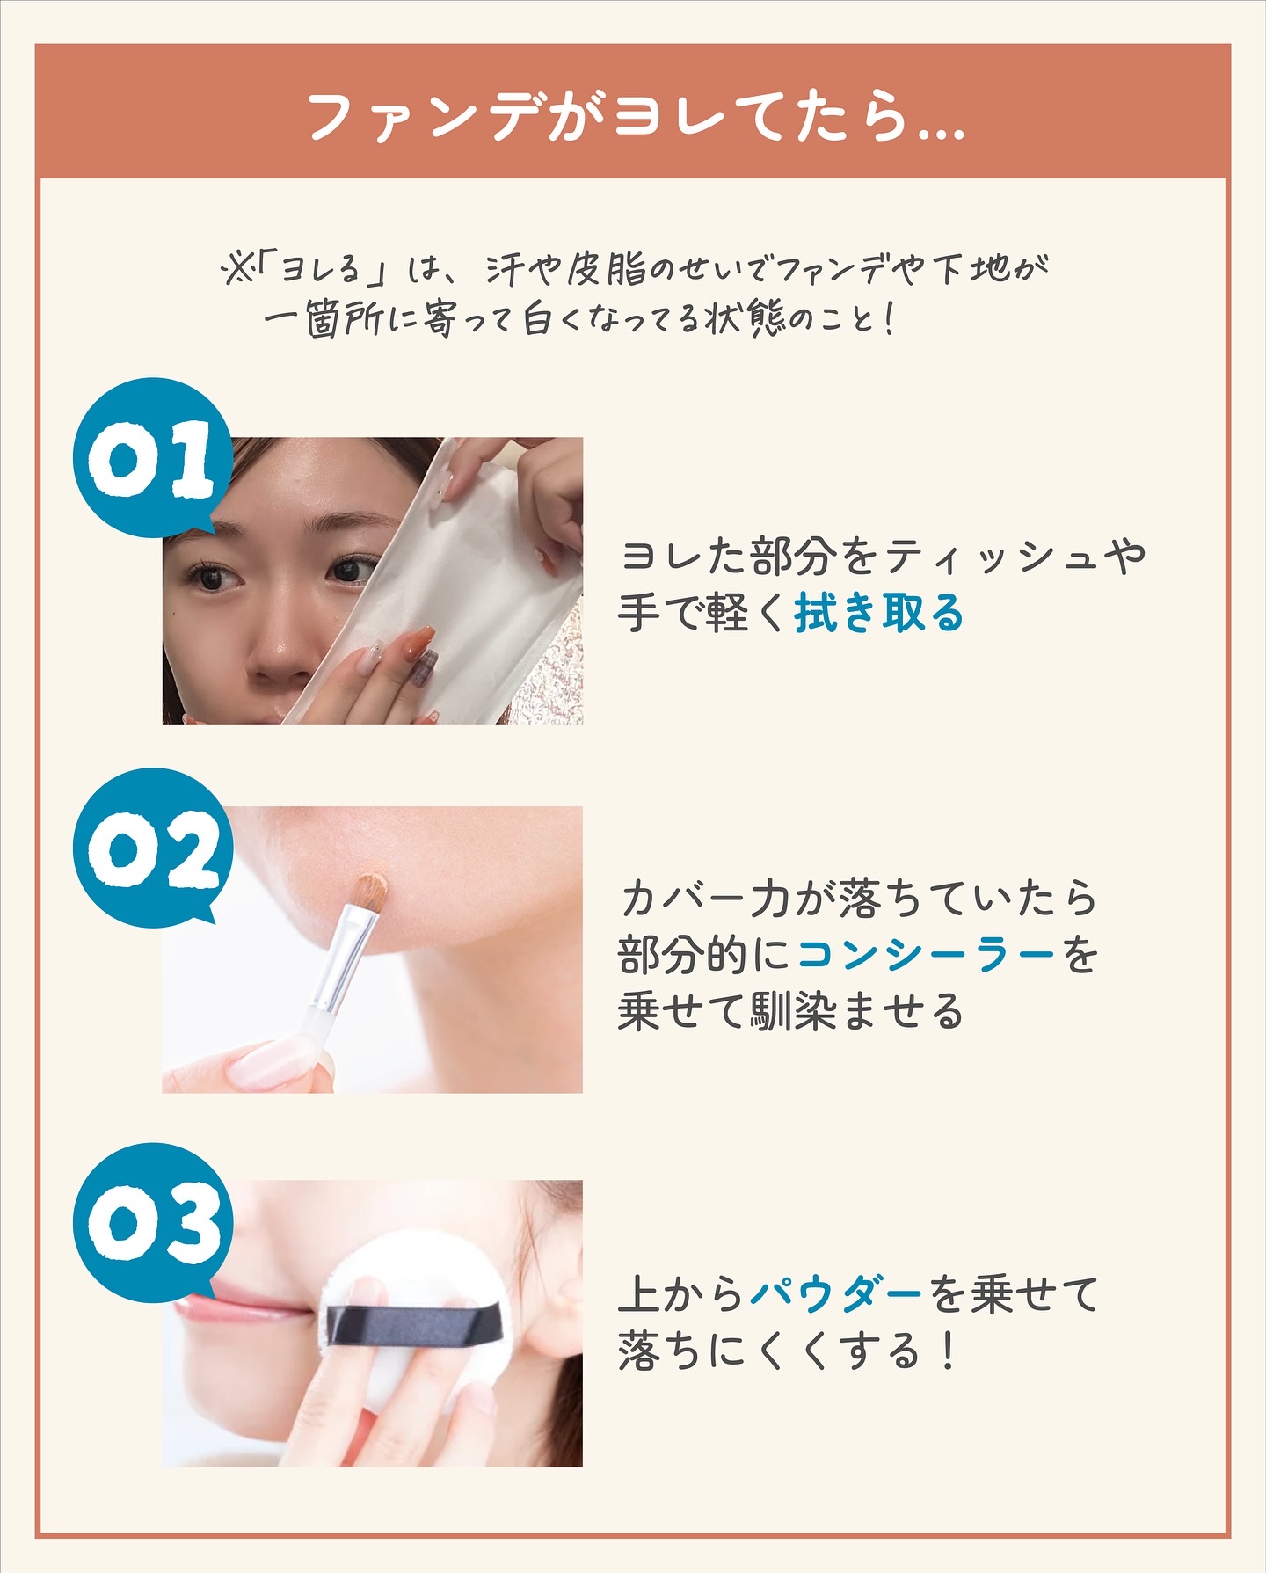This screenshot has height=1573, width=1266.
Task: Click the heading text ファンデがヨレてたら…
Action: (x=636, y=116)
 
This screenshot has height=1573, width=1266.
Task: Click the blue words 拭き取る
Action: (x=879, y=613)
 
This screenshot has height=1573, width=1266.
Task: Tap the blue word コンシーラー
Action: (x=927, y=954)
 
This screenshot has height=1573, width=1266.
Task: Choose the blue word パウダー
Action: (x=836, y=1293)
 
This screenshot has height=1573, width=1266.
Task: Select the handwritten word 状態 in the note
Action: (x=744, y=317)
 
